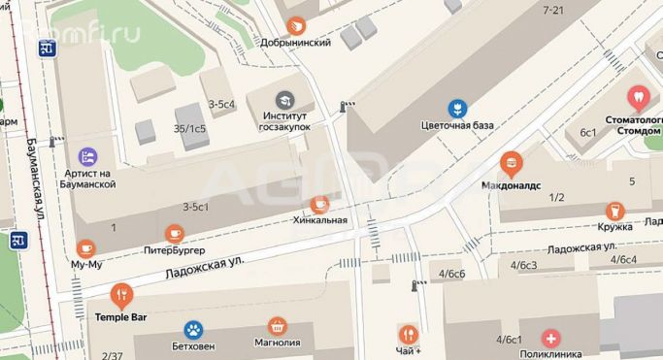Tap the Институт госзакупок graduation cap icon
283,99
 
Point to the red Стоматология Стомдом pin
639,97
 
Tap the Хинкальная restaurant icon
319,204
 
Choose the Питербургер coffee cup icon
175,233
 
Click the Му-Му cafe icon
85,247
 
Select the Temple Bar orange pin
121,293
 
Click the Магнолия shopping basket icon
279,327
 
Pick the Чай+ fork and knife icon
408,333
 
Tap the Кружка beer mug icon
613,211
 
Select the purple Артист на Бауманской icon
87,155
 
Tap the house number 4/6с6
452,274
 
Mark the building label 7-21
554,10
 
